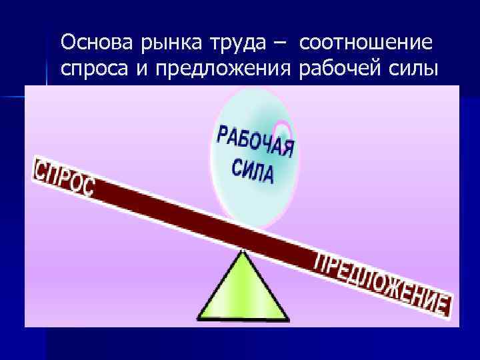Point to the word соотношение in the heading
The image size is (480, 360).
[x=366, y=44]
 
